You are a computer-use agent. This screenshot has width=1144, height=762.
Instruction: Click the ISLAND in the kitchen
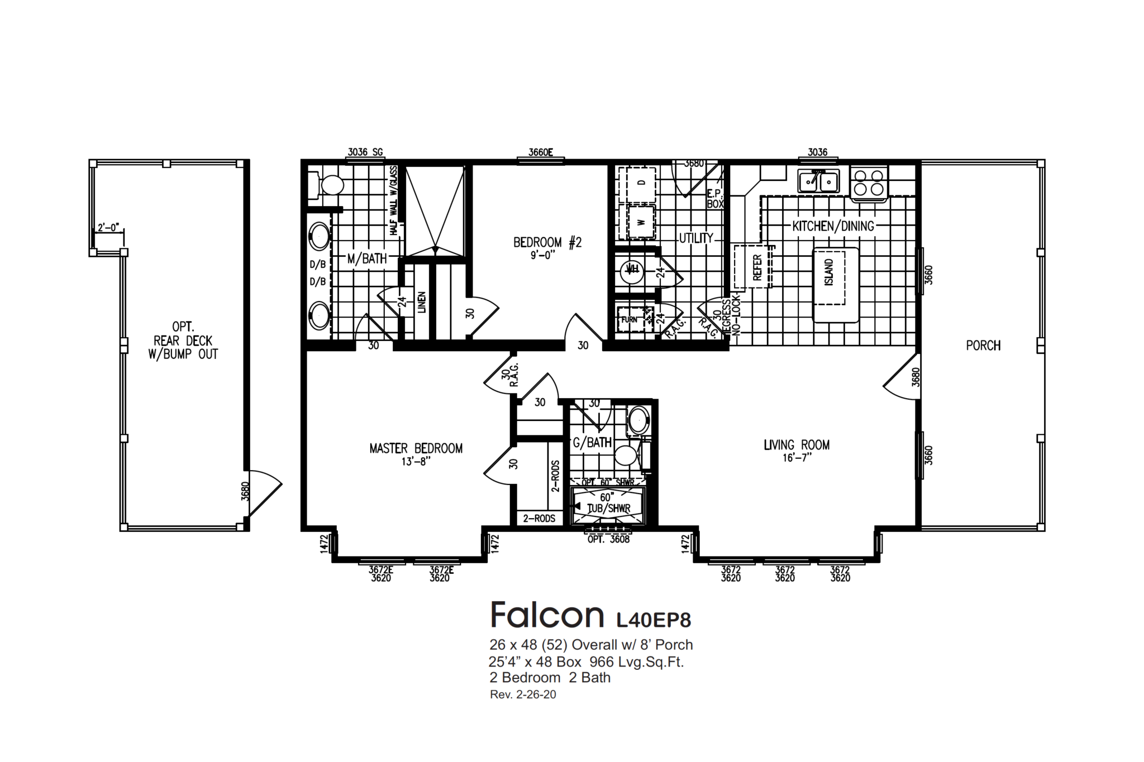[836, 285]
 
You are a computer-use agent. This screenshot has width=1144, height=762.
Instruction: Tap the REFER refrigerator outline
[752, 267]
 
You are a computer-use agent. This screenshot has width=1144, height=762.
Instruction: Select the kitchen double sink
[818, 181]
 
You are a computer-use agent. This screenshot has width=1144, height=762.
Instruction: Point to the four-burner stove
[869, 182]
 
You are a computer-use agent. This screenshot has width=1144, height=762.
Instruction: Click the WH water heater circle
[632, 271]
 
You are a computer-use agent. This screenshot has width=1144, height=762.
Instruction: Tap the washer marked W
[641, 222]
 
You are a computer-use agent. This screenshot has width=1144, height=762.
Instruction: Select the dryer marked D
[640, 183]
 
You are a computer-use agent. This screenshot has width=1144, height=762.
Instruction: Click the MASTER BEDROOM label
[416, 449]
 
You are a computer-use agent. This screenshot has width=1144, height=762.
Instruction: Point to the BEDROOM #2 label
[547, 242]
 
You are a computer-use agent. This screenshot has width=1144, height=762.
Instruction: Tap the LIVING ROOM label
[797, 445]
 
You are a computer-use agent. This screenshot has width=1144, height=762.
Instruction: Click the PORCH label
[983, 346]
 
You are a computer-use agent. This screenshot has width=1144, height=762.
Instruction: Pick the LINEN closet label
[422, 301]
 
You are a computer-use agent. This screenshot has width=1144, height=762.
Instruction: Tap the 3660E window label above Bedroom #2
[540, 152]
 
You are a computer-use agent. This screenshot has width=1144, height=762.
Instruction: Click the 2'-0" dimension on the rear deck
[108, 227]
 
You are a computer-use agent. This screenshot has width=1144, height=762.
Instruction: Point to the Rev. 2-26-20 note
[523, 695]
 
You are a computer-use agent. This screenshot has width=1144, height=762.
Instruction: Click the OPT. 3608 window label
[608, 540]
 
